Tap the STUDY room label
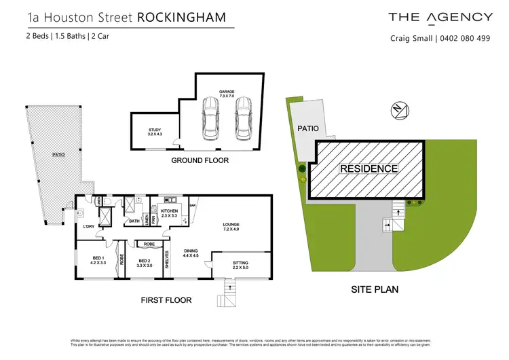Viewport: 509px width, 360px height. [x=155, y=132]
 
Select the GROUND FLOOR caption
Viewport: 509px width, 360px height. [x=200, y=160]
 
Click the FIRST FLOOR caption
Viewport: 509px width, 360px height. [x=166, y=300]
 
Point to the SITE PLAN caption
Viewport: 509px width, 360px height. [x=374, y=289]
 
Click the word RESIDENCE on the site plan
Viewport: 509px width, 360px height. [x=369, y=168]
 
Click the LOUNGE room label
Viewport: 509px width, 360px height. [x=232, y=226]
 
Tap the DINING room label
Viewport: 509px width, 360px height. [x=191, y=253]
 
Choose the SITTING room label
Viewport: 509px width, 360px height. [x=241, y=264]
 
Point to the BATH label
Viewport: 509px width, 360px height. [x=135, y=221]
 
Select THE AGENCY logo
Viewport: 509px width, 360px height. [x=440, y=17]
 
